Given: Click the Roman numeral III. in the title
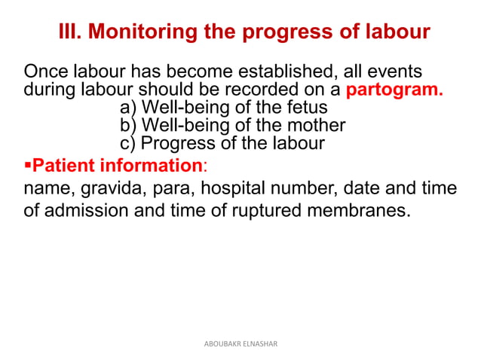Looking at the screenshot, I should pos(70,32).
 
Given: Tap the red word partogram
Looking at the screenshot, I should pos(394,91).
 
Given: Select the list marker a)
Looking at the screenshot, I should pos(129,108).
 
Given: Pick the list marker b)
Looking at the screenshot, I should pos(129,125).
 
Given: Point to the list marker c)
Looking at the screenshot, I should pos(129,143).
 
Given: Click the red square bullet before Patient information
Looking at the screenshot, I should pos(28,164).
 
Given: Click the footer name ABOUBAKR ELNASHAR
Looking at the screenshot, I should pos(241,343).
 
